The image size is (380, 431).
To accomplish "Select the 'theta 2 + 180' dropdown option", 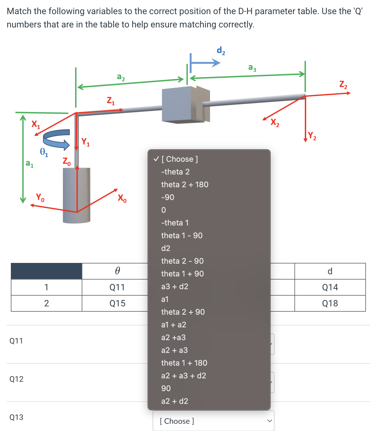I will [184, 184].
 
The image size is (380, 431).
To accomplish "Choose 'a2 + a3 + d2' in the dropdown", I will [183, 376].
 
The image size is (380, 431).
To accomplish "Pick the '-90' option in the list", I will [168, 197].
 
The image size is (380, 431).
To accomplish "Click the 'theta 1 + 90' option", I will [182, 274].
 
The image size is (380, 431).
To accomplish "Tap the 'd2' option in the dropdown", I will [166, 248].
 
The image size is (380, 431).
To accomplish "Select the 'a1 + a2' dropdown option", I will [173, 325].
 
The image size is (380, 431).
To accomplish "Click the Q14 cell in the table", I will [330, 287].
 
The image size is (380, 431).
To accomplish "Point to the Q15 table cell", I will [117, 303].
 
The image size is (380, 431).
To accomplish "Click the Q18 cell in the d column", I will [330, 303].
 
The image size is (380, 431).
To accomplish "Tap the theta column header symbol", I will [117, 271].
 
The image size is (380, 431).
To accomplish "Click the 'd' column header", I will [330, 271].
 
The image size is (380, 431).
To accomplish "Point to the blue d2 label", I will [221, 51].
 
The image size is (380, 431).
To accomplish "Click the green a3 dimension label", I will [252, 68].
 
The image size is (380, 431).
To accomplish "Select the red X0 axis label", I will [122, 198].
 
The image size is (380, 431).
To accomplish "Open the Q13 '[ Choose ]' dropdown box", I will [213, 421].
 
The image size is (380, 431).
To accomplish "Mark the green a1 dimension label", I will [29, 164].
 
